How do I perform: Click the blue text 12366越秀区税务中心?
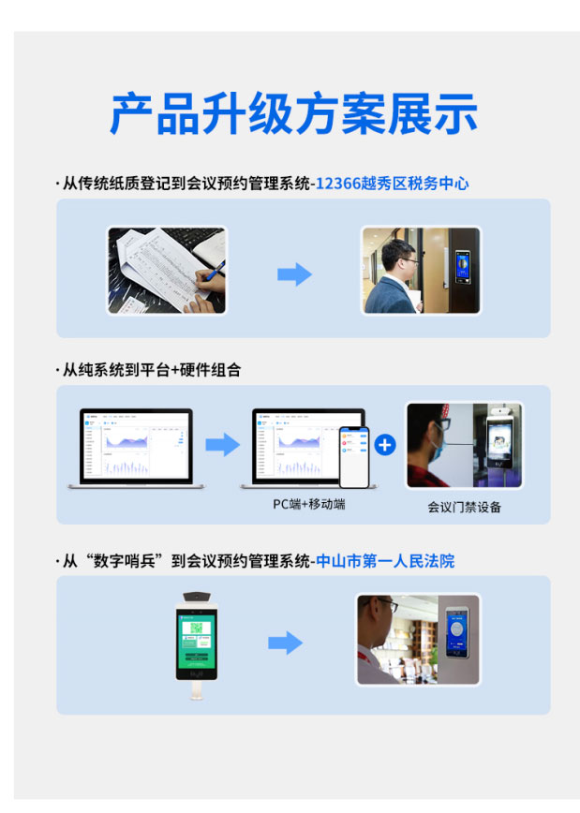tap(392, 185)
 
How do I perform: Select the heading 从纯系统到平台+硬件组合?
tap(151, 370)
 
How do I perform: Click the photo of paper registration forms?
tap(167, 271)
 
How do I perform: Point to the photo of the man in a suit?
tap(421, 271)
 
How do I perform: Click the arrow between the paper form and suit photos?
tap(293, 274)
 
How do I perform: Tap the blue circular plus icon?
tap(384, 444)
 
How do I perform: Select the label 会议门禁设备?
tap(464, 507)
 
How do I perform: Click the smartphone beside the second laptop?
tap(354, 457)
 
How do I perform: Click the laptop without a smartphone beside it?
tap(130, 449)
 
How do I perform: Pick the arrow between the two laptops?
tap(223, 445)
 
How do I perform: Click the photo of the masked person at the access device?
tap(464, 446)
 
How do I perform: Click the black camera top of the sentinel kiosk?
tap(197, 596)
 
